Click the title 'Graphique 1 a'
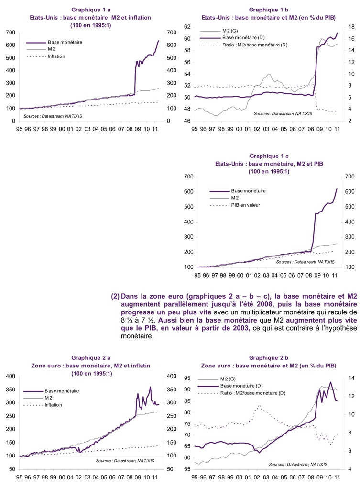pyautogui.click(x=90, y=10)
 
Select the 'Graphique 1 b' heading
pyautogui.click(x=268, y=10)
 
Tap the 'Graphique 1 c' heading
pyautogui.click(x=268, y=156)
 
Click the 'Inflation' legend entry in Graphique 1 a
pyautogui.click(x=56, y=56)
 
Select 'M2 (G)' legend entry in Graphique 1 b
pyautogui.click(x=230, y=31)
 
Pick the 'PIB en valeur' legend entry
pyautogui.click(x=246, y=205)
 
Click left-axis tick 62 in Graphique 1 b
pyautogui.click(x=187, y=27)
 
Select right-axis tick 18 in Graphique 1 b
pyautogui.click(x=350, y=27)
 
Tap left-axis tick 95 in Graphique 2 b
pyautogui.click(x=187, y=379)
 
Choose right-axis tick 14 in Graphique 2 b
pyautogui.click(x=350, y=379)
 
